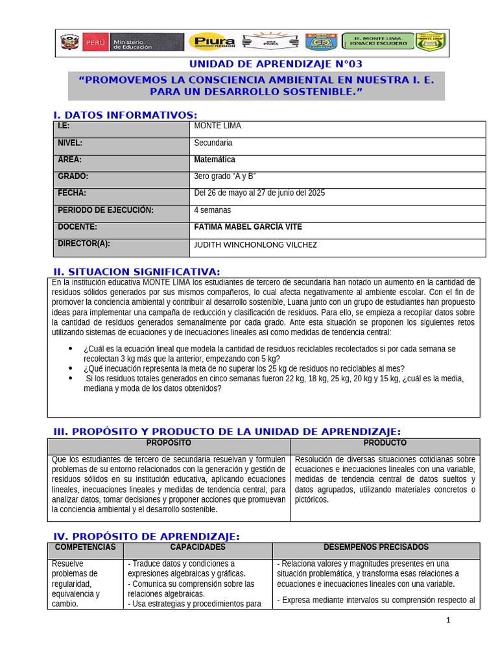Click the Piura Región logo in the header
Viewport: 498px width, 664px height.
click(211, 42)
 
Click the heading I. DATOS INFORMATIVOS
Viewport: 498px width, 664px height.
click(125, 115)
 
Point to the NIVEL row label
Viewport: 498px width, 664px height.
click(70, 143)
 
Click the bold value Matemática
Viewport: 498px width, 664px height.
click(215, 160)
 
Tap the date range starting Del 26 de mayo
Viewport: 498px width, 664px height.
click(259, 193)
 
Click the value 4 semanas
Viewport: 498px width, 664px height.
click(212, 210)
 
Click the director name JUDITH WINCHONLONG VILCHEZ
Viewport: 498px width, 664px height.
click(255, 244)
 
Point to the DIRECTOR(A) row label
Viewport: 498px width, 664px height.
click(84, 244)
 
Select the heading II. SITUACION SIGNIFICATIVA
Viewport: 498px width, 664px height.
click(136, 272)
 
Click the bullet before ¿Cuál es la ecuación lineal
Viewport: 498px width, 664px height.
click(70, 349)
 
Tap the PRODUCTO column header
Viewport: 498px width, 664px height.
click(385, 443)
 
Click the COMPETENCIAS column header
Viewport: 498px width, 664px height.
click(85, 547)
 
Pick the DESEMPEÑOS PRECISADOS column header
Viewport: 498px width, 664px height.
click(376, 547)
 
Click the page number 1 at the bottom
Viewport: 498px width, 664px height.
click(447, 620)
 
